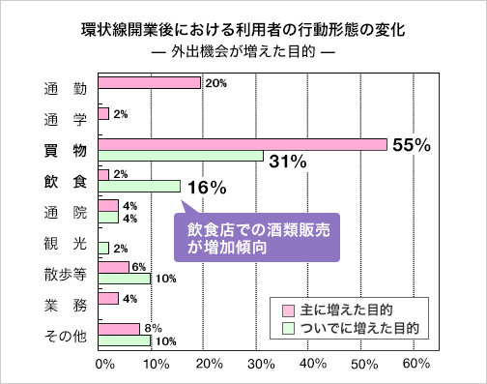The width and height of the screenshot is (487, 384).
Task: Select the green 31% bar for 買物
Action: [x=180, y=156]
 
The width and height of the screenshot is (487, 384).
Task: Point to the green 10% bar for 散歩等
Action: [x=124, y=279]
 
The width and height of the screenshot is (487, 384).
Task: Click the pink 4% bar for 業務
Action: [x=108, y=298]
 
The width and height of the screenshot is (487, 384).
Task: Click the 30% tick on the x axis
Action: [x=260, y=364]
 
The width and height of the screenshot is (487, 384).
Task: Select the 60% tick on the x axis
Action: [x=415, y=364]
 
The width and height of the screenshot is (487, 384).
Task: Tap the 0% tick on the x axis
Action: [x=104, y=364]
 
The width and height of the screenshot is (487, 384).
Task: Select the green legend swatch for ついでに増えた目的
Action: [x=287, y=328]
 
